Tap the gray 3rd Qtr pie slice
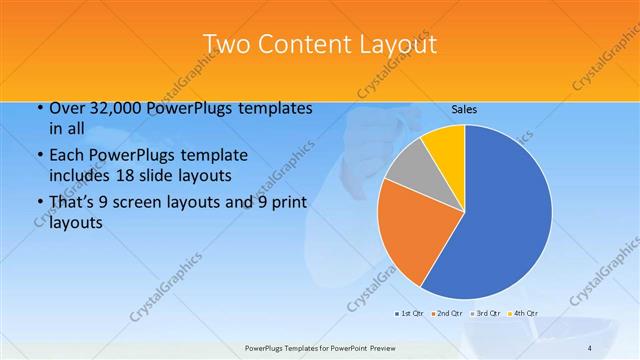click(409, 167)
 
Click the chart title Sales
click(463, 109)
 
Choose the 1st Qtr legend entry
click(409, 313)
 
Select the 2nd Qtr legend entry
click(448, 313)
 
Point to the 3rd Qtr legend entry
click(486, 313)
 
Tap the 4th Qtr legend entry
click(524, 313)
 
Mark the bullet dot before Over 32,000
click(38, 109)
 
